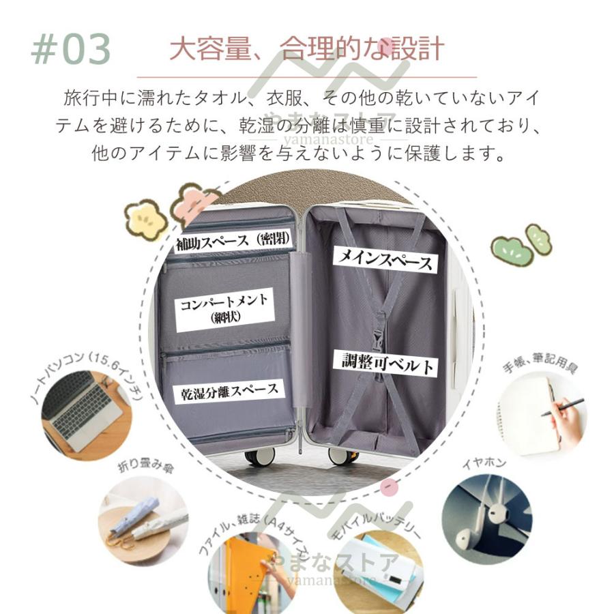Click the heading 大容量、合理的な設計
click(x=306, y=49)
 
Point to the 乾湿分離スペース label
click(x=230, y=391)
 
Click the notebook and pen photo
click(x=540, y=415)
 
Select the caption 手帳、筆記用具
click(x=540, y=360)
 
